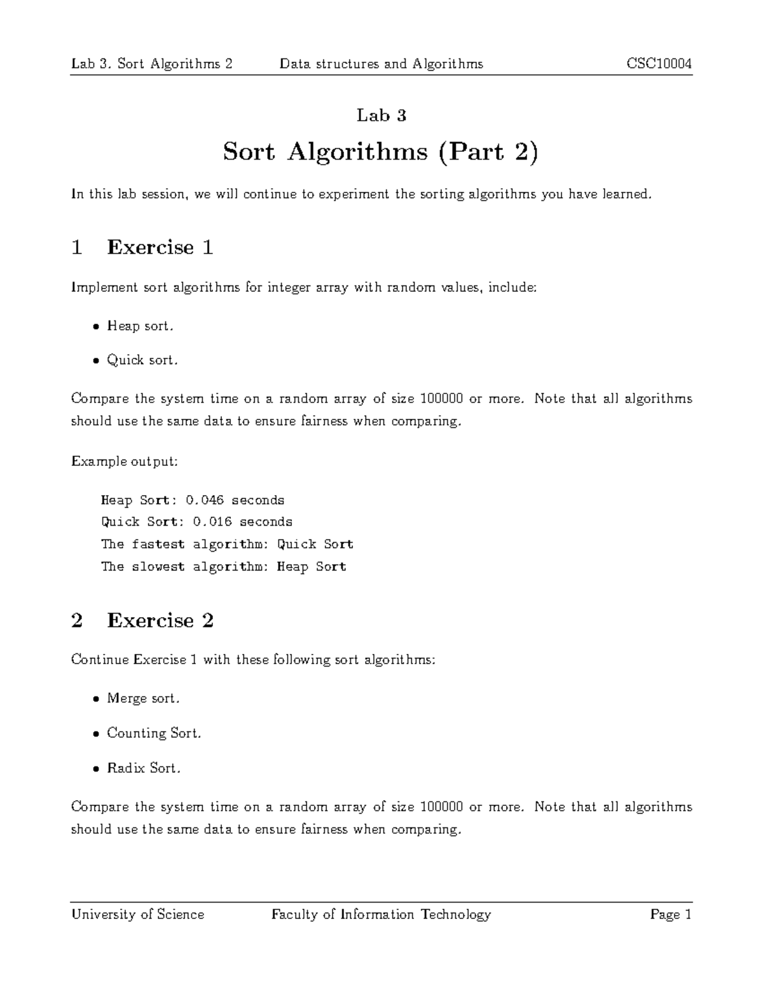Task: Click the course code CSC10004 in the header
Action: coord(659,64)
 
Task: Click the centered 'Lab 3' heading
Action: coord(381,115)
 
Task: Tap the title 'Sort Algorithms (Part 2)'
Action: coord(380,152)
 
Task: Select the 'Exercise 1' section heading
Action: coord(160,247)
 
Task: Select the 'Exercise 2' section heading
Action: coord(160,620)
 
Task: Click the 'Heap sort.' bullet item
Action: coord(140,326)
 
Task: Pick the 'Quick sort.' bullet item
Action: coord(142,360)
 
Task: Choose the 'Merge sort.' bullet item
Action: coord(143,698)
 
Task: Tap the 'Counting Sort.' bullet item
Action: coord(154,733)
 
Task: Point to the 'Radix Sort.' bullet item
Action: coord(144,768)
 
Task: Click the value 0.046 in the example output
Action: coord(204,500)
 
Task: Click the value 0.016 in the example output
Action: coord(212,522)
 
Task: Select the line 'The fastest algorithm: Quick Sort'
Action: coord(227,544)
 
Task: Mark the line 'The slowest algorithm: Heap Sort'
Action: coord(223,566)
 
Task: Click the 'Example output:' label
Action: coord(124,461)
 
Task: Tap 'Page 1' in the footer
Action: coord(670,915)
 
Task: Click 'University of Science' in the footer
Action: coord(137,915)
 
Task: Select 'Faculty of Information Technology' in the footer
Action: coord(381,915)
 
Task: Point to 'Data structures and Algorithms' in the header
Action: coord(381,64)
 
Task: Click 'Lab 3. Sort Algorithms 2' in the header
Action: coord(151,64)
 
